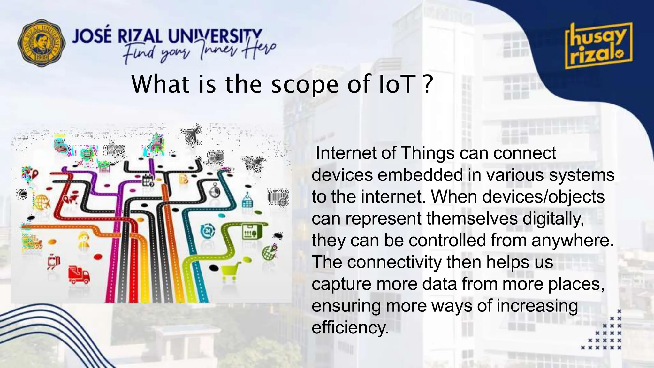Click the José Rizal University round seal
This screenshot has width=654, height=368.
(41, 42)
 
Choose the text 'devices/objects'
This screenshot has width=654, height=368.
(543, 197)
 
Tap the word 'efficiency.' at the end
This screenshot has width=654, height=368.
(350, 327)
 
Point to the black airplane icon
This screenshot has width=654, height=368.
(192, 134)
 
